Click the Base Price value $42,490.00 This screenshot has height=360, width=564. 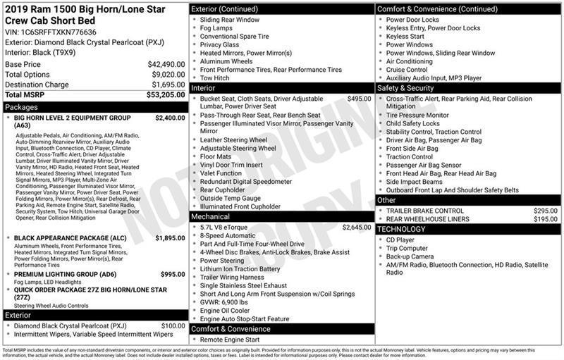pos(166,64)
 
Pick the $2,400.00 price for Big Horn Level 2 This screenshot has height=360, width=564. pos(170,118)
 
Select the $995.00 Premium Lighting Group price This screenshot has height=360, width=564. pos(173,274)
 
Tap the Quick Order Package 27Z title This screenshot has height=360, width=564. pos(90,290)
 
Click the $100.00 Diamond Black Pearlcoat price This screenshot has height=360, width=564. pos(173,325)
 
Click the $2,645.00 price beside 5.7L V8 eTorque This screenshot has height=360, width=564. pos(356,228)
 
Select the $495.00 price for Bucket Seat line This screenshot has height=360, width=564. pos(359,99)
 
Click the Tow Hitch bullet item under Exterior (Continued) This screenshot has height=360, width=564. pos(214,78)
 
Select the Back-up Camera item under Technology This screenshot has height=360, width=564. pos(410,257)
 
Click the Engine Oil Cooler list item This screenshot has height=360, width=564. pos(224,310)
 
